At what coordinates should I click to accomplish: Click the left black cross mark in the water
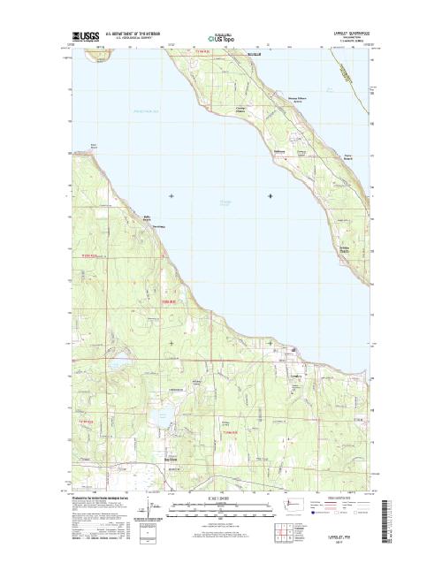[x=171, y=195]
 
